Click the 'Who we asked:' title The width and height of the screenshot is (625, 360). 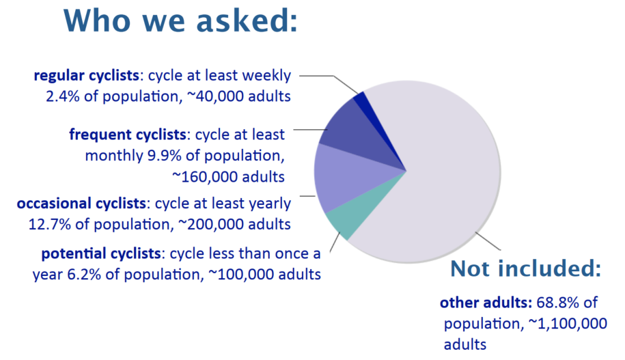tap(181, 22)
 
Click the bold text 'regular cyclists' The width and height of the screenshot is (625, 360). tap(87, 75)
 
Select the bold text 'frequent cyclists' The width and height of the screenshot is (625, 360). tap(126, 134)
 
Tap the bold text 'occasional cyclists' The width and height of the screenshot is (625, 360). tap(81, 204)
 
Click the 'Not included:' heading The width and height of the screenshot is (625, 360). tap(525, 269)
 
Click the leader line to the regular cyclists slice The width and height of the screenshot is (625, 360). tap(328, 77)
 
